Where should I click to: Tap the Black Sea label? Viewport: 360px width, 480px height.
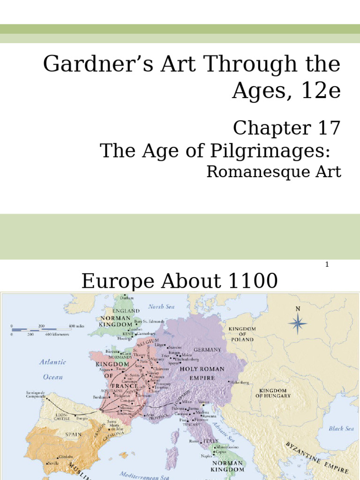coord(342,428)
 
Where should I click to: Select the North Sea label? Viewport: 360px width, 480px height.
coord(161,307)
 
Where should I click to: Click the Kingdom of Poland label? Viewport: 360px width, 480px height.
coord(241,334)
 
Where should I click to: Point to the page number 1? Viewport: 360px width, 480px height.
coord(327,265)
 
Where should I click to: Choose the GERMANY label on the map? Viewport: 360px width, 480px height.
coord(208,350)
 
